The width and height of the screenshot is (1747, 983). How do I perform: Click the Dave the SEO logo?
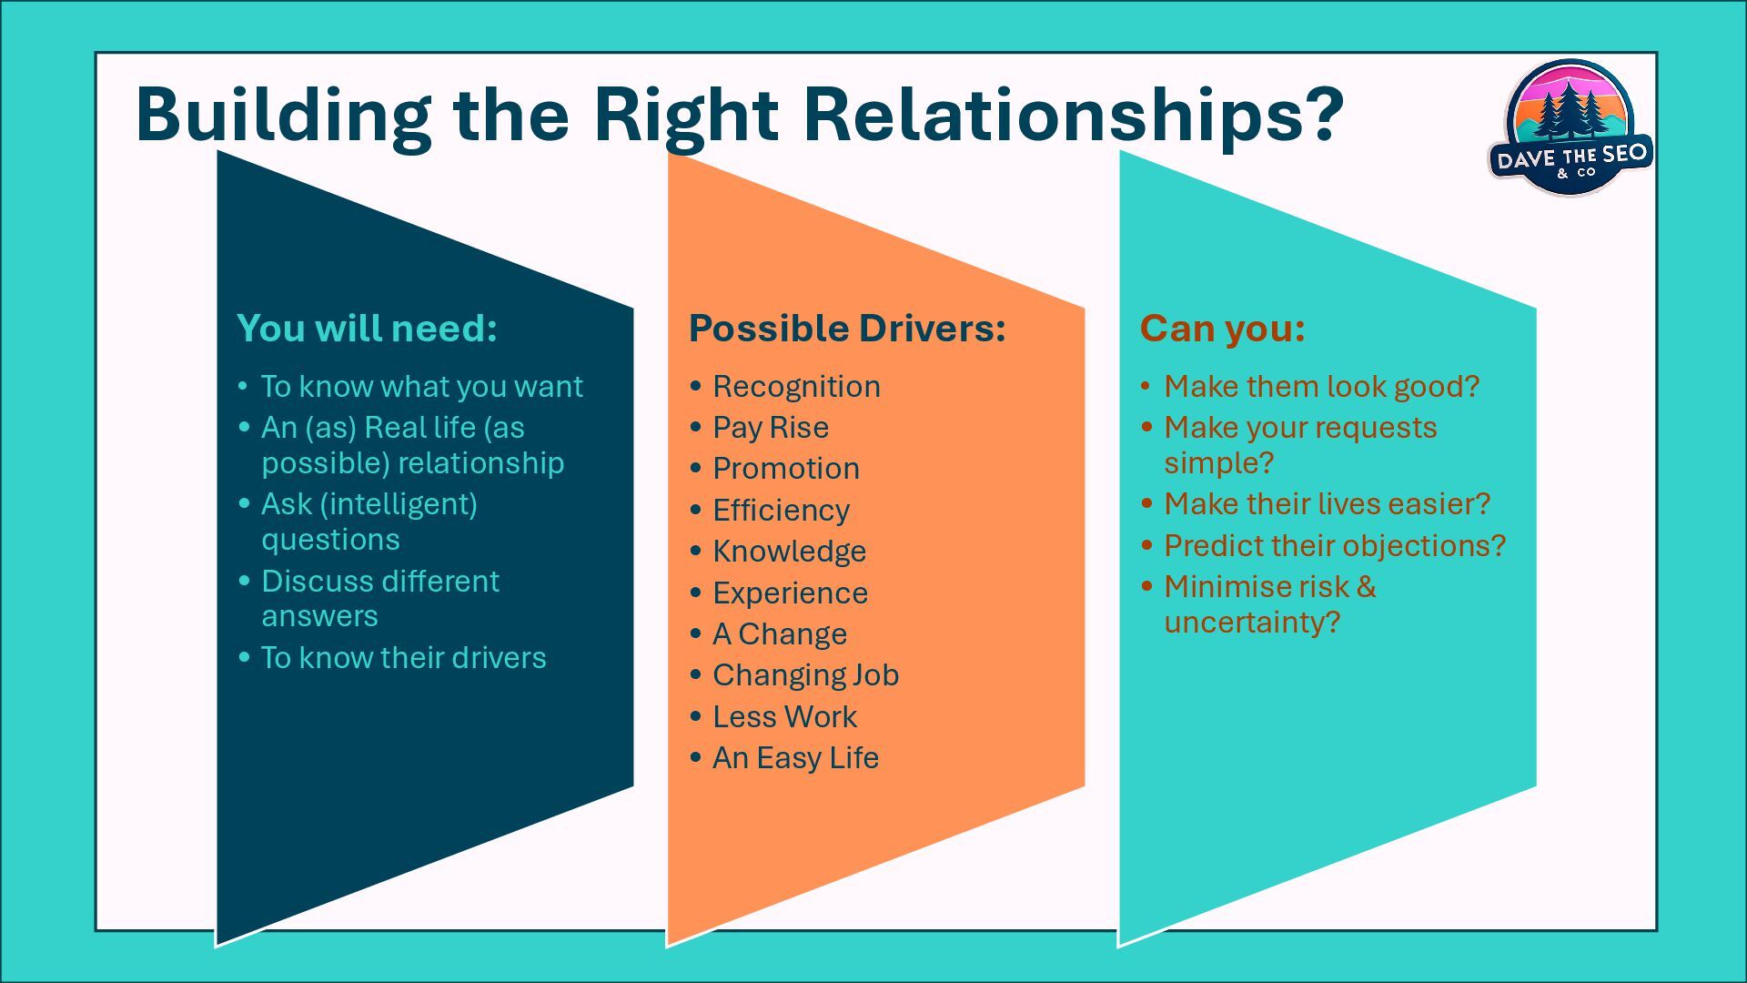1570,127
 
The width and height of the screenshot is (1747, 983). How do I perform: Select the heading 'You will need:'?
367,329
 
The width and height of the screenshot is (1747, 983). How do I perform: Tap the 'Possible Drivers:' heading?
847,329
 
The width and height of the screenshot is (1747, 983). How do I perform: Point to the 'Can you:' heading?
1222,329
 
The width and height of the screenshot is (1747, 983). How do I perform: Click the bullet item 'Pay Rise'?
770,428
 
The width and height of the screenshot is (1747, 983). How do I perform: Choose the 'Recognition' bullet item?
796,387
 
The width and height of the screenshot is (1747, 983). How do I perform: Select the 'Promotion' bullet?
785,469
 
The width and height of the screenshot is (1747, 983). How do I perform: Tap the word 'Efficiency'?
781,511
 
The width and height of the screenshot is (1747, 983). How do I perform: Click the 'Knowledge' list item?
789,552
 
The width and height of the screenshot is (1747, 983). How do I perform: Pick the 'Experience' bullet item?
790,593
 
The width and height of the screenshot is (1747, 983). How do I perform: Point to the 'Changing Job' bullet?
805,675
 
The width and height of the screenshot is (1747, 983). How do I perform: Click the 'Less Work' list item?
784,717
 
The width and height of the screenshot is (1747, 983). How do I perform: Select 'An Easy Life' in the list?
795,758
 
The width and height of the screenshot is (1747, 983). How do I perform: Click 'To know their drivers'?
403,658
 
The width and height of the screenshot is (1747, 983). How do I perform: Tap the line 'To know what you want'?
421,387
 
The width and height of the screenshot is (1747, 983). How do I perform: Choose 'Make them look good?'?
1321,387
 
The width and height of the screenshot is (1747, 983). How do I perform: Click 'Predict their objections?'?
1335,546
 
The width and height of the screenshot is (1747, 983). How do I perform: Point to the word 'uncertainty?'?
1252,623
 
